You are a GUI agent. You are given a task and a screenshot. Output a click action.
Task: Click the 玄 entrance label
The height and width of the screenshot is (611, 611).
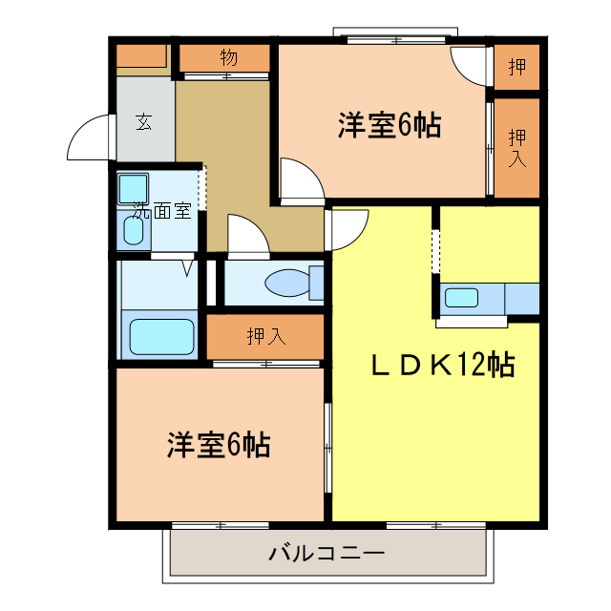(x=143, y=121)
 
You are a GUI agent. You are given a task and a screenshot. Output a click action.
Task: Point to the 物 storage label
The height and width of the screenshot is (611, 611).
(x=228, y=56)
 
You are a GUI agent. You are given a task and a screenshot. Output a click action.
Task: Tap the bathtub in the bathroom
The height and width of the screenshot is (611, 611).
(x=161, y=336)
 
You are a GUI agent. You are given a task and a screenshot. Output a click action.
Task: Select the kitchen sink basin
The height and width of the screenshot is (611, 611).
(x=461, y=297)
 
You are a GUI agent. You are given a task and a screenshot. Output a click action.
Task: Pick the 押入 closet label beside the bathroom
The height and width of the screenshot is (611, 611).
(x=265, y=336)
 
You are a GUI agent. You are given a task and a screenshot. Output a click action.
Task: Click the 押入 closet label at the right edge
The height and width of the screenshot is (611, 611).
(x=517, y=147)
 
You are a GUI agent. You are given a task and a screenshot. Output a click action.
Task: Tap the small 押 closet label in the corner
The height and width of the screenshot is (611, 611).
(x=517, y=67)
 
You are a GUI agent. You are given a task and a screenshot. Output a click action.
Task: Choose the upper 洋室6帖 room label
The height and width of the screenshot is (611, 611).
(x=389, y=125)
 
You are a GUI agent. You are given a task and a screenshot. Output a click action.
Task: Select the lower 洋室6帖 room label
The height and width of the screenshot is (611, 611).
(x=218, y=444)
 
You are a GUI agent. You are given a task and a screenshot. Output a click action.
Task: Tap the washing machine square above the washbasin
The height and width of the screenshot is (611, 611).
(x=132, y=188)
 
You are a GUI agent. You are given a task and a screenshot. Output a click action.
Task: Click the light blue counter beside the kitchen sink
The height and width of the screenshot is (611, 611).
(x=521, y=297)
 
